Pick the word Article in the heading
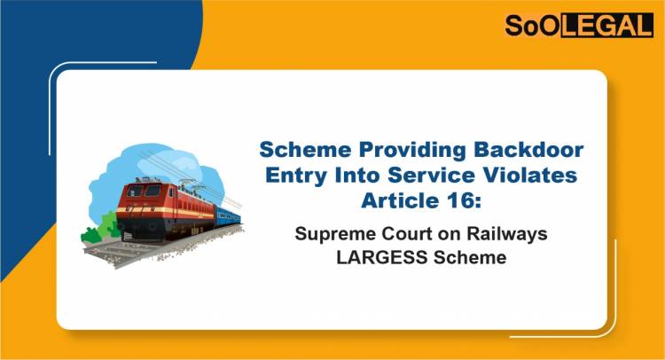coord(398,200)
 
